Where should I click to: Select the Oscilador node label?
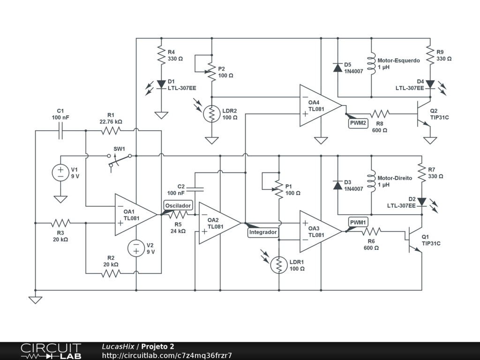pos(178,205)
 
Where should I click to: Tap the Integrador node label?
pos(263,232)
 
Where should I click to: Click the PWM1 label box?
pos(359,222)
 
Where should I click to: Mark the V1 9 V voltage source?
pos(60,172)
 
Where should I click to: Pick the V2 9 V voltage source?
pos(136,248)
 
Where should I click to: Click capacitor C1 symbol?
pos(60,132)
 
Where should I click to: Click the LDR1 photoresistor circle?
pos(279,265)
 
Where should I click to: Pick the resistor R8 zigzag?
pos(380,113)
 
